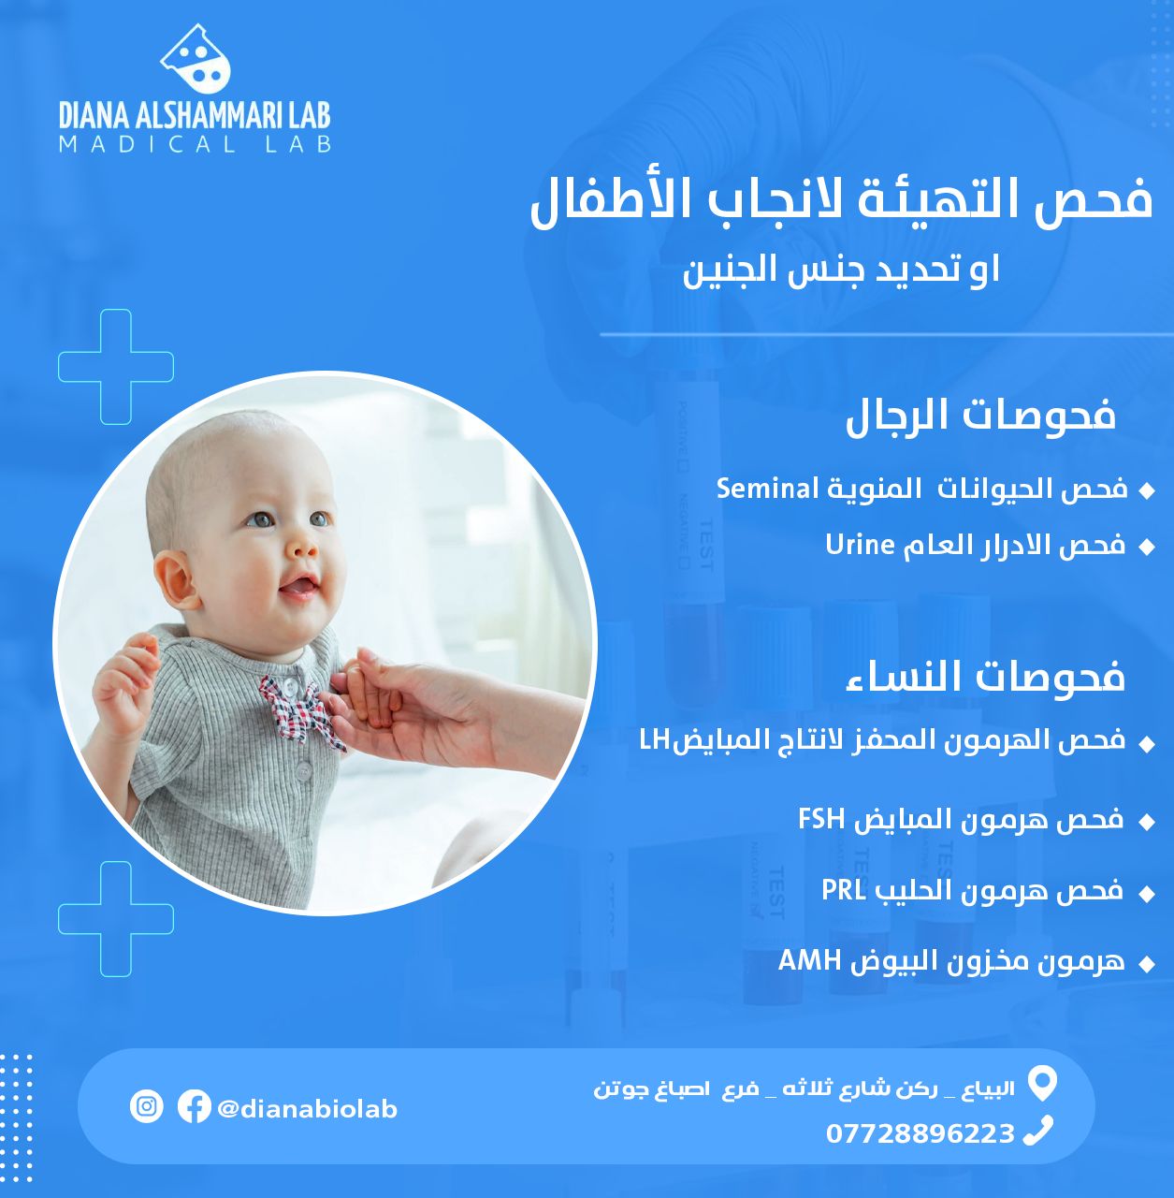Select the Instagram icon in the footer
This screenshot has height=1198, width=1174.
pos(147,1106)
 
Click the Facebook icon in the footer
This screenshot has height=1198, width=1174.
pos(194,1106)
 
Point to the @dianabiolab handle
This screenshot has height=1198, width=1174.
pos(307,1108)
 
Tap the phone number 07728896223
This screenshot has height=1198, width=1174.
pos(920,1133)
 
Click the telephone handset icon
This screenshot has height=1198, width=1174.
pos(1038,1131)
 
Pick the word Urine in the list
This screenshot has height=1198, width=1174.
pos(860,545)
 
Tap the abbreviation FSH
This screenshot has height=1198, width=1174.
pos(821,818)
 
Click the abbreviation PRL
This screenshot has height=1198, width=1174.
pos(844,890)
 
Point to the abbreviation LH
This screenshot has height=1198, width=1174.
pos(654,740)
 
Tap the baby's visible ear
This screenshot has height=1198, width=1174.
pos(174,582)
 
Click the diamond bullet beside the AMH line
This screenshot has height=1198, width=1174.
pos(1147,964)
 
